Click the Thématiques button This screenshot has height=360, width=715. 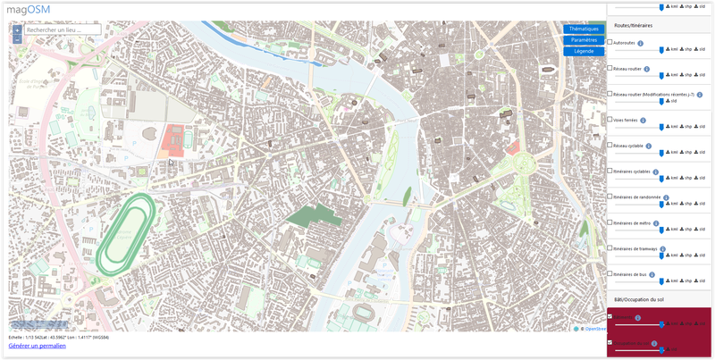(x=584, y=29)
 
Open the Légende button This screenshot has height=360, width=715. (x=584, y=51)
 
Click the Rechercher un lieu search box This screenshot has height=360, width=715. (x=63, y=29)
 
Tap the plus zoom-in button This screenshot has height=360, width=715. (x=17, y=29)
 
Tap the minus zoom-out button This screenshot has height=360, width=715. (x=17, y=39)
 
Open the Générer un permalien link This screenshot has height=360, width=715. (x=37, y=345)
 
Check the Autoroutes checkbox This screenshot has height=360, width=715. (x=610, y=42)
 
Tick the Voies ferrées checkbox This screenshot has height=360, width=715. (x=610, y=119)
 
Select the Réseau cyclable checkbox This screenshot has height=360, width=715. (x=610, y=145)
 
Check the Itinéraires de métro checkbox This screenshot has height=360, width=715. (x=610, y=222)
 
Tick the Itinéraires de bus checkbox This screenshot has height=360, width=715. (x=610, y=273)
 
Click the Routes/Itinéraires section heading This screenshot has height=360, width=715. (x=634, y=25)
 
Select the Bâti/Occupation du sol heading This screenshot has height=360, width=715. (x=640, y=299)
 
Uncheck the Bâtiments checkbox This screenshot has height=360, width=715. (x=610, y=316)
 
